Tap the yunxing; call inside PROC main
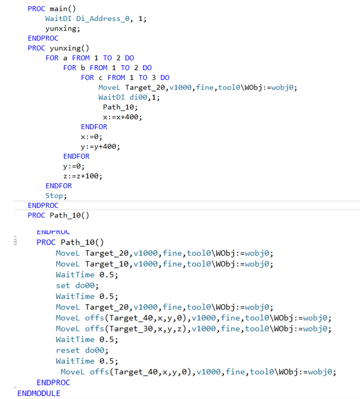pyautogui.click(x=62, y=28)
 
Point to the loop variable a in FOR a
pyautogui.click(x=65, y=58)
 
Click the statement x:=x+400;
pyautogui.click(x=123, y=117)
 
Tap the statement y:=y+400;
pyautogui.click(x=101, y=147)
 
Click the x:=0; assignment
pyautogui.click(x=92, y=136)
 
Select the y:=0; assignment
pyautogui.click(x=74, y=166)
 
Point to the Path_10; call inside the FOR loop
pyautogui.click(x=120, y=107)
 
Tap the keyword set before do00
pyautogui.click(x=62, y=286)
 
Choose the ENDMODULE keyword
pyautogui.click(x=39, y=393)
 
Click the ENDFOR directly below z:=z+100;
pyautogui.click(x=59, y=185)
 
